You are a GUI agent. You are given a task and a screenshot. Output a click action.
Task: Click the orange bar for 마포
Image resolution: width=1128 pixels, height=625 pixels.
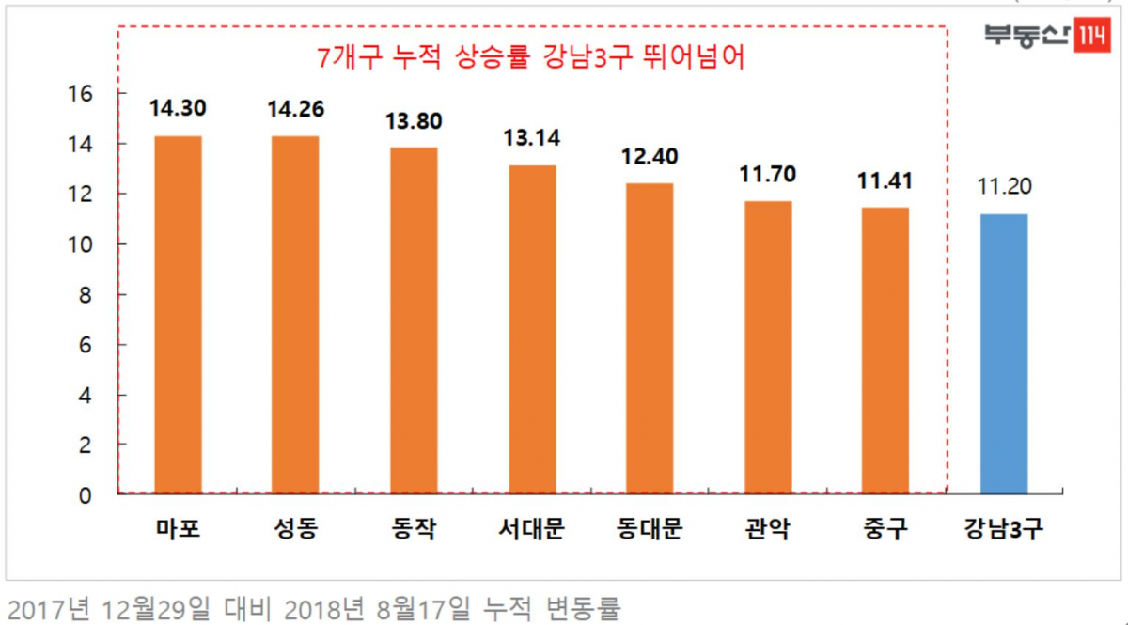(179, 315)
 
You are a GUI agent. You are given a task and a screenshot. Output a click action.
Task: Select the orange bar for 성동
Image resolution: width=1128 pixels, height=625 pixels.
(296, 315)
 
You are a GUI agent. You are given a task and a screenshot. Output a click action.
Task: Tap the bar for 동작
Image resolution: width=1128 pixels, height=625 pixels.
(415, 320)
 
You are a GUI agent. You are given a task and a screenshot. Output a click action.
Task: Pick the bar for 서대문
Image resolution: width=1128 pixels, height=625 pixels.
(532, 329)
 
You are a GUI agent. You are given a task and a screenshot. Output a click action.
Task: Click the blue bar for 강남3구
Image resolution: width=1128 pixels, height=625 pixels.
(1004, 353)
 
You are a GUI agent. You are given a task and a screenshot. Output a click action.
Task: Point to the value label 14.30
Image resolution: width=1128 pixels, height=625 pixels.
(179, 108)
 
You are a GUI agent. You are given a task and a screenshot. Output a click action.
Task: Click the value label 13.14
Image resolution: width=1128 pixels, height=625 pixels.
(532, 138)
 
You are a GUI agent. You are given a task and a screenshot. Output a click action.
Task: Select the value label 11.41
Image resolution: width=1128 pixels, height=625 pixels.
(885, 180)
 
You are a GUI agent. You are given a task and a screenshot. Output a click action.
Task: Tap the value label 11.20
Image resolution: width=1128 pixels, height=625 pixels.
(1004, 186)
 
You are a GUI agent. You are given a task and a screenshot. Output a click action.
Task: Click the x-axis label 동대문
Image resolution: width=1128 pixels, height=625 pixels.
(650, 530)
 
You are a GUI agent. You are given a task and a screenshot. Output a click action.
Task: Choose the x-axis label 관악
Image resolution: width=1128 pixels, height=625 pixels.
(768, 530)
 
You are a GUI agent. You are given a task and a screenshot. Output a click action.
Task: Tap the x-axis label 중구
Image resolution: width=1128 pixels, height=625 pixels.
(885, 530)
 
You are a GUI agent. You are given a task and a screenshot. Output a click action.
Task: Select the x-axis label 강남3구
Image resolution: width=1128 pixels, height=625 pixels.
(1004, 530)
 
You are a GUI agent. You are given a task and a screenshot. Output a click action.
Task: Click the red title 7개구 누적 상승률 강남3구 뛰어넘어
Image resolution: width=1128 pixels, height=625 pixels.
(532, 58)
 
